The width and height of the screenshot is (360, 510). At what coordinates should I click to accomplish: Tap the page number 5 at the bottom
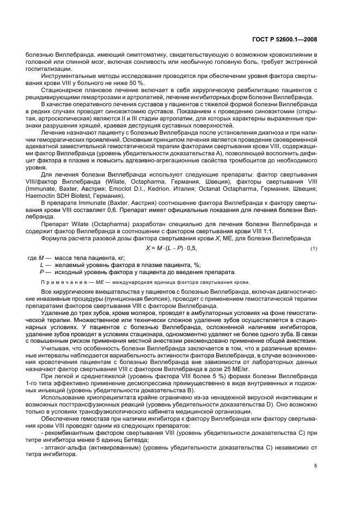click(x=315, y=466)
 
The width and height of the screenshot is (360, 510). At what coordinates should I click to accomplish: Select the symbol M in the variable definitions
click(x=40, y=258)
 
